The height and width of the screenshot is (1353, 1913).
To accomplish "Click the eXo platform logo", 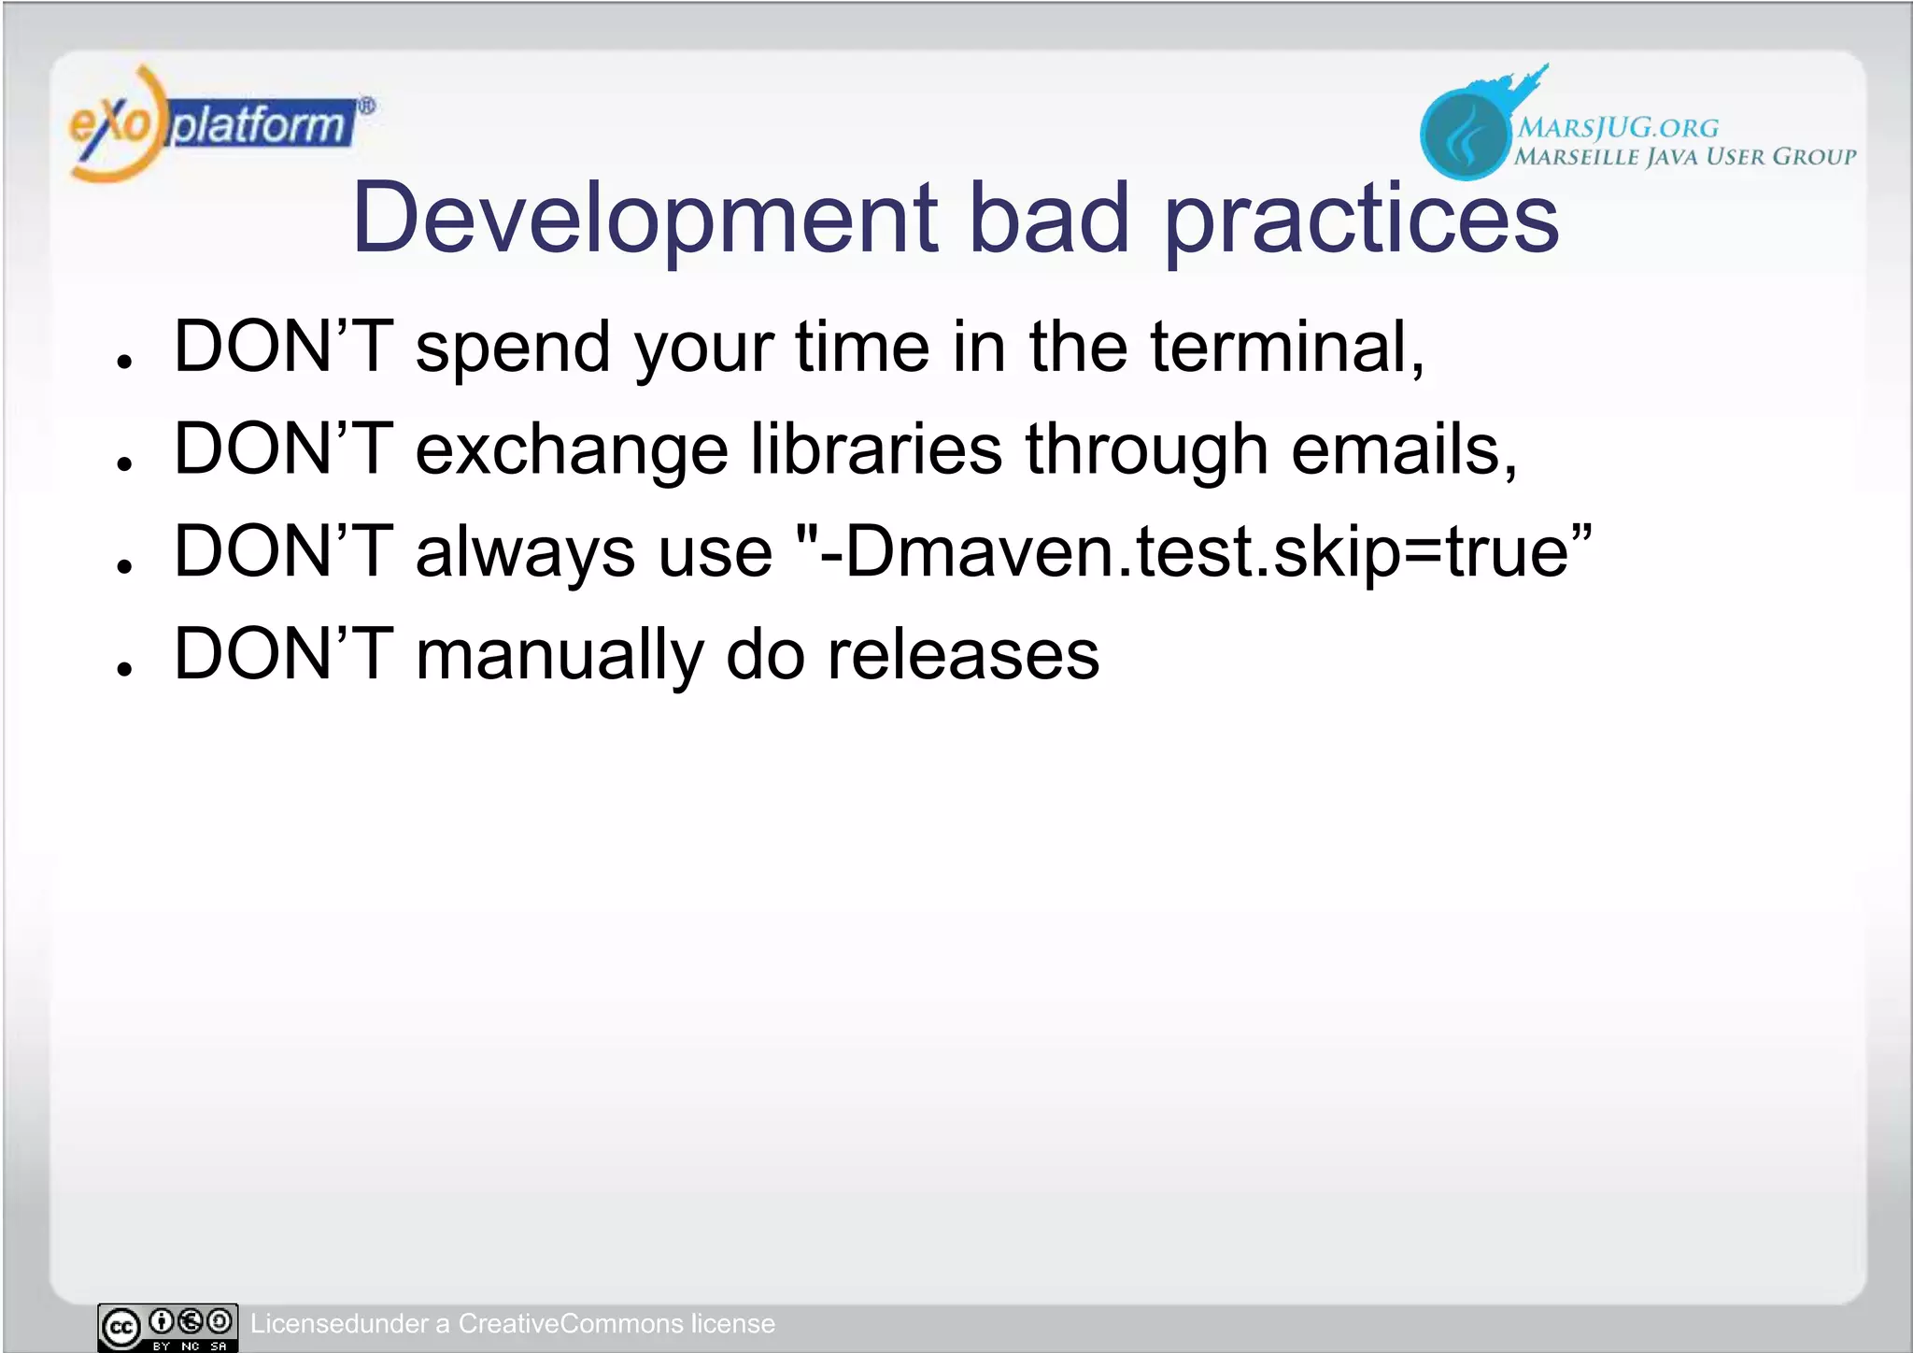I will (x=220, y=124).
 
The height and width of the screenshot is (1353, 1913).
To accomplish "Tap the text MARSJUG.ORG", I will (x=1617, y=128).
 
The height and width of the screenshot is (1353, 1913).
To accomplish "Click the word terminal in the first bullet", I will (x=1286, y=347).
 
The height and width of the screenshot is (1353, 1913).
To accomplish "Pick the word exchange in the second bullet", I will (x=572, y=451).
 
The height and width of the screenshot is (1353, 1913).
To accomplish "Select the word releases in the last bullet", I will (x=963, y=654).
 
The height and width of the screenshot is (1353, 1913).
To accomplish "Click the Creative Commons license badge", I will (x=168, y=1326).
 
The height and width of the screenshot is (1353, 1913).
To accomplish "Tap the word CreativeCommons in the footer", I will (x=571, y=1324).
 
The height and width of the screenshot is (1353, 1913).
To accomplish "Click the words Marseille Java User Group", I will (x=1684, y=157).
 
